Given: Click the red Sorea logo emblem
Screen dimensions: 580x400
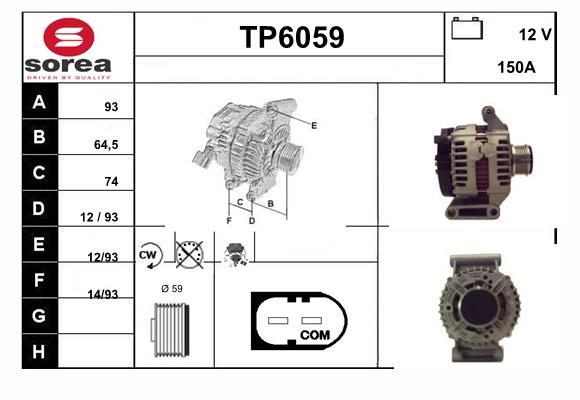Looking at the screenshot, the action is (x=69, y=37).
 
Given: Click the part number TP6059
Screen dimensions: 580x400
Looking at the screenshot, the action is (x=292, y=37).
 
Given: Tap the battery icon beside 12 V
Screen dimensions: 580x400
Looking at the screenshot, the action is (x=467, y=28).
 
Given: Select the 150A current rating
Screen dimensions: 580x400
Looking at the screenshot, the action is (x=516, y=67).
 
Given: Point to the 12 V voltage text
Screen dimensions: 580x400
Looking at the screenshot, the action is (x=535, y=35).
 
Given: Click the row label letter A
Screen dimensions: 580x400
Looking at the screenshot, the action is (x=39, y=102).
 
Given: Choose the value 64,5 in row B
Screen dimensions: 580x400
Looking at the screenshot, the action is (x=106, y=145).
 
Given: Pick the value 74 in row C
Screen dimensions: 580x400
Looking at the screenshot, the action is (x=111, y=181).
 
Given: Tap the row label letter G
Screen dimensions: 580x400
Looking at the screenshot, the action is (x=39, y=316).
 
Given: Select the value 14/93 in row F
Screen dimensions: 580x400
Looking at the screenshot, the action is (x=103, y=294).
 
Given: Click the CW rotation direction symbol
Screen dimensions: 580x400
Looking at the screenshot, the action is (x=149, y=255).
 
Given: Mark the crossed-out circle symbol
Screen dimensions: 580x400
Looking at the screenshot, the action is (x=189, y=255).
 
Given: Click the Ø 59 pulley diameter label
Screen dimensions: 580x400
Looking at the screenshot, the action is (x=172, y=289).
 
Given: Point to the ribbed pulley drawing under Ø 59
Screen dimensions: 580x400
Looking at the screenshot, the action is (x=170, y=330).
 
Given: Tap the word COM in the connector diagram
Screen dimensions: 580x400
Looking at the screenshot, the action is (x=315, y=335).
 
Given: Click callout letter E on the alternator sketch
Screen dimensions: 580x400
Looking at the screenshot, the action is (x=314, y=125).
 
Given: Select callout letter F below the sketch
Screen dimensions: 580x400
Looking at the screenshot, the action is (x=229, y=221).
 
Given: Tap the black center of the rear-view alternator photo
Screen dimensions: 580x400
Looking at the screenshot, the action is (x=479, y=307).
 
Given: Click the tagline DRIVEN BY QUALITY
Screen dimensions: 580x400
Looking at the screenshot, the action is (x=69, y=78).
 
